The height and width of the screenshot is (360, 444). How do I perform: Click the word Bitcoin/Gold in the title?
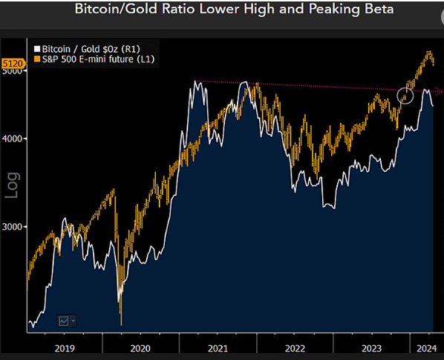point(116,9)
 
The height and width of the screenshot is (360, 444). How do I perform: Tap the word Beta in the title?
point(379,9)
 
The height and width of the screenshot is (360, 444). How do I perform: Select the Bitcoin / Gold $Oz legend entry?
point(87,49)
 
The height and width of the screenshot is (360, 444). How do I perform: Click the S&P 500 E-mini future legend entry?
point(94,60)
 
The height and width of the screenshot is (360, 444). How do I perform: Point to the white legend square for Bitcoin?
point(37,49)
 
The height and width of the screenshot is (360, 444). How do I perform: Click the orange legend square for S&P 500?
point(37,59)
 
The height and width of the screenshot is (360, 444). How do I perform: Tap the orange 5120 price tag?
point(13,63)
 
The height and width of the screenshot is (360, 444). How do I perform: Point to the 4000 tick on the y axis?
point(12,139)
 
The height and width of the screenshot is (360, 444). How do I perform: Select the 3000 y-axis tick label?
point(12,227)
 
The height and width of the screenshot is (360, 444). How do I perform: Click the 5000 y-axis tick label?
point(12,71)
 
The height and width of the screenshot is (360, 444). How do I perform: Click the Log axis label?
point(13,185)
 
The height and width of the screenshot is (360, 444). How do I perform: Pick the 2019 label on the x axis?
point(65,348)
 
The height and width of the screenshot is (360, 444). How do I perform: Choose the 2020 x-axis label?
point(140,348)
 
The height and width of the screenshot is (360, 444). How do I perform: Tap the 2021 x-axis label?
point(218,348)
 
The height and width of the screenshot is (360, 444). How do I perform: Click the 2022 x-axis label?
point(295,348)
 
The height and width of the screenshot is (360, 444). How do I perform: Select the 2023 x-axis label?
point(372,348)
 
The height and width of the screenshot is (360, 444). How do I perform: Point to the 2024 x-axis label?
point(427,348)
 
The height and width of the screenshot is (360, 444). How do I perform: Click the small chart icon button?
point(67,321)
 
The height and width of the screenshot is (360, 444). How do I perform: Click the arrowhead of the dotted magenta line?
point(440,91)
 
